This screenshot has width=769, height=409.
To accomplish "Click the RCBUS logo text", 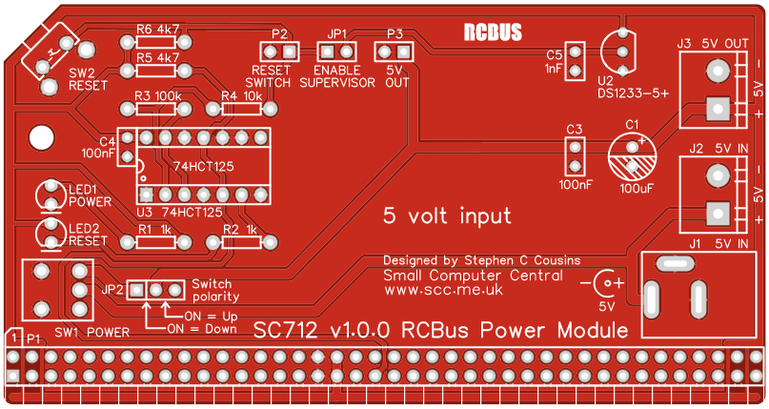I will click(x=493, y=31).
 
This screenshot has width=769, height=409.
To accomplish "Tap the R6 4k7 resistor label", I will click(x=157, y=30).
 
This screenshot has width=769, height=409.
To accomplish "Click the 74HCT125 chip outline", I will click(x=201, y=167).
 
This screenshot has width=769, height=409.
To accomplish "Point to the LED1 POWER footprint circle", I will click(x=49, y=194).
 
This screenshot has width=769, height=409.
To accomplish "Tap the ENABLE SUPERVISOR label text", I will click(x=337, y=76).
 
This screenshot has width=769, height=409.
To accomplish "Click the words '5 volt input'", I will click(x=446, y=215).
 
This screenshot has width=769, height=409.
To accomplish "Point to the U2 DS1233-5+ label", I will click(x=633, y=87).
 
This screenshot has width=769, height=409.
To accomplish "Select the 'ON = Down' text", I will click(x=201, y=329).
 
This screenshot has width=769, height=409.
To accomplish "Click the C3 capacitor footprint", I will click(x=574, y=153).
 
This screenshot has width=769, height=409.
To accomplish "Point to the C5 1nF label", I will click(x=554, y=62).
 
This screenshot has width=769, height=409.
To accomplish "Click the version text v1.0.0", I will click(x=359, y=330).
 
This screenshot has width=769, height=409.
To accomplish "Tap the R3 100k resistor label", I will click(x=157, y=96).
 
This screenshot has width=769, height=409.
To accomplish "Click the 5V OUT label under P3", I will click(x=396, y=76).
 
